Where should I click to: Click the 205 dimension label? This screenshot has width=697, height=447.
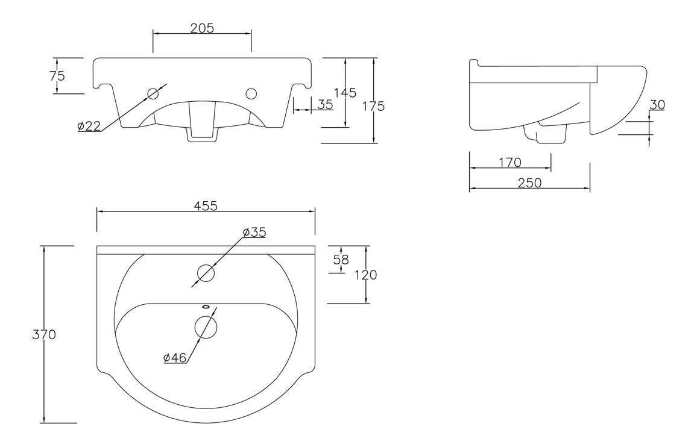(x=202, y=28)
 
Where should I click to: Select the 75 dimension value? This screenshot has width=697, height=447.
(x=57, y=76)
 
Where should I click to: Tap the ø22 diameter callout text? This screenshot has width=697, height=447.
(x=89, y=126)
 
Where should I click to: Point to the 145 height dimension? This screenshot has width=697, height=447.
(x=345, y=92)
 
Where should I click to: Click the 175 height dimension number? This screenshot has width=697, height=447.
(x=373, y=106)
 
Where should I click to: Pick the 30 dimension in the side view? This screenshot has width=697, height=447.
(x=657, y=105)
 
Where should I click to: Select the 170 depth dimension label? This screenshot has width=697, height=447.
(x=510, y=163)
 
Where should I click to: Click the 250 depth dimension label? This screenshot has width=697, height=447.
(x=530, y=183)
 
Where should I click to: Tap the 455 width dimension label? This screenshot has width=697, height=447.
(x=206, y=205)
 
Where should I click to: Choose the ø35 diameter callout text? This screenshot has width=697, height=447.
(x=254, y=232)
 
